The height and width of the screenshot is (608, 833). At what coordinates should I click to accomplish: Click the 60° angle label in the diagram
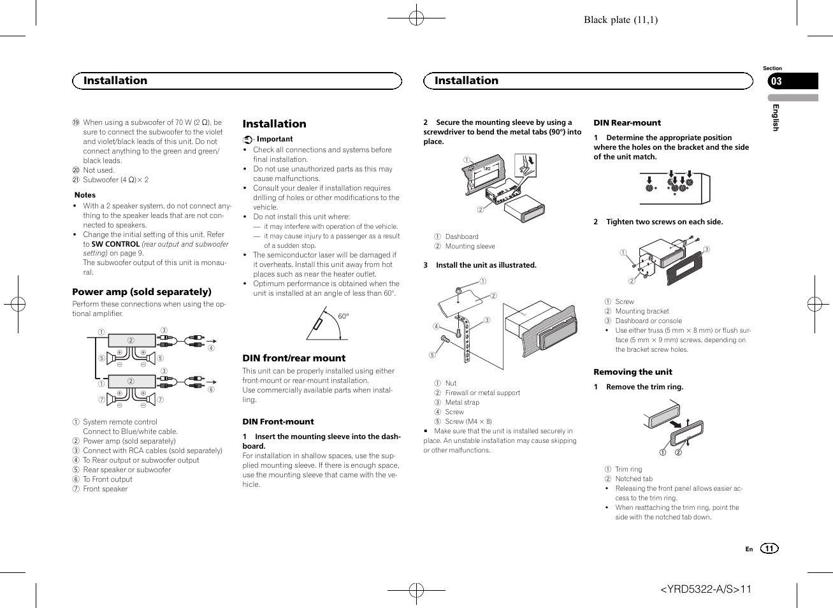point(343,316)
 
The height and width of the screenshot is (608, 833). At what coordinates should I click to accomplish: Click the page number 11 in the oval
point(769,549)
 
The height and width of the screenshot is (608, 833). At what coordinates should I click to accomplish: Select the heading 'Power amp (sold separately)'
point(141,292)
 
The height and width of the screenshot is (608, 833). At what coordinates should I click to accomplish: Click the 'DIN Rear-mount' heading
point(627,123)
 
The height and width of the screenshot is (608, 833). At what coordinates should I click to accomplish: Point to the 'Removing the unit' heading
point(633,372)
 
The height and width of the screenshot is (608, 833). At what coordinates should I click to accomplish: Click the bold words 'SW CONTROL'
point(115,244)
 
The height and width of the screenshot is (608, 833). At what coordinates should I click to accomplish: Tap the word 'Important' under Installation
point(275,139)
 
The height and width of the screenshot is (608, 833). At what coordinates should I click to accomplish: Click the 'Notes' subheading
point(85,195)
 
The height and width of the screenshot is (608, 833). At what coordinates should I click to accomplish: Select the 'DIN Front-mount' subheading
point(278,422)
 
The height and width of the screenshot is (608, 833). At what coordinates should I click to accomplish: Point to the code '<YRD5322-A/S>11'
point(706,589)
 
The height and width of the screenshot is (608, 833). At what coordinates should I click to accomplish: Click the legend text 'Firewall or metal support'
point(482,393)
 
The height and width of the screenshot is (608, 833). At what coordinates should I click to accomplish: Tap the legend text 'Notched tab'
point(634,479)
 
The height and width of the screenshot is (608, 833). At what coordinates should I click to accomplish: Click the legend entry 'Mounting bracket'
point(642,312)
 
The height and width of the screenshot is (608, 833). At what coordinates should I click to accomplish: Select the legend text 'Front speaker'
point(105,489)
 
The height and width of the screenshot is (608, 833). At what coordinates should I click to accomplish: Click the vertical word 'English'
point(776,117)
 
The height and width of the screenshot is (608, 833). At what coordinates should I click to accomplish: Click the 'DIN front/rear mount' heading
point(294,358)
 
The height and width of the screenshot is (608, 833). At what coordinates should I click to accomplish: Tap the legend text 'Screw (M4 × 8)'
point(468,422)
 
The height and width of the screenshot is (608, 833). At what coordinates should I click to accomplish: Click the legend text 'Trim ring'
point(628,470)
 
